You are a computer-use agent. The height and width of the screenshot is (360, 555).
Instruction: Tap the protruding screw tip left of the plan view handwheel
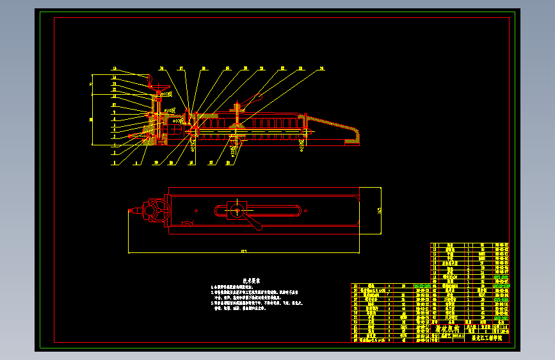coord(133,211)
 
